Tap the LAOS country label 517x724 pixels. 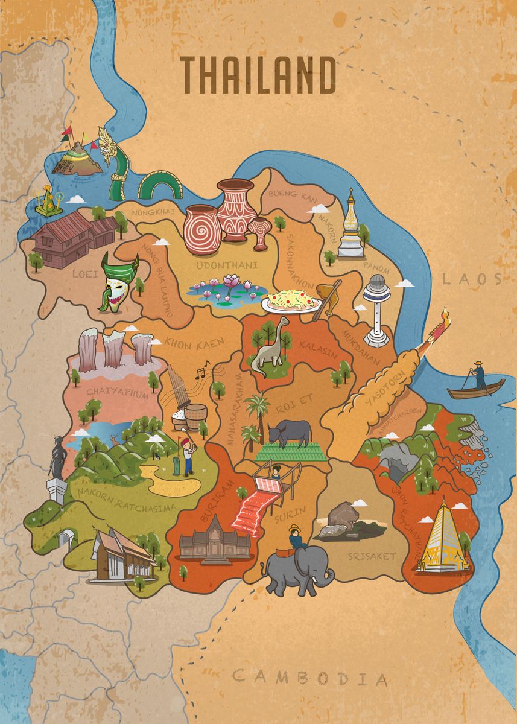tap(471, 279)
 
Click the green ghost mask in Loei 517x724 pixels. tap(118, 281)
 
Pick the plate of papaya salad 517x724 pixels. tap(292, 300)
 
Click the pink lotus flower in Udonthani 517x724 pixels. tap(231, 281)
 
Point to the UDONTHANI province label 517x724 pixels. tap(227, 265)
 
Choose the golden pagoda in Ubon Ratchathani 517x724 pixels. tap(443, 536)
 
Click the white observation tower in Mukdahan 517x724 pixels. tap(377, 308)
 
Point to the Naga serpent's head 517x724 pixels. tap(109, 145)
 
